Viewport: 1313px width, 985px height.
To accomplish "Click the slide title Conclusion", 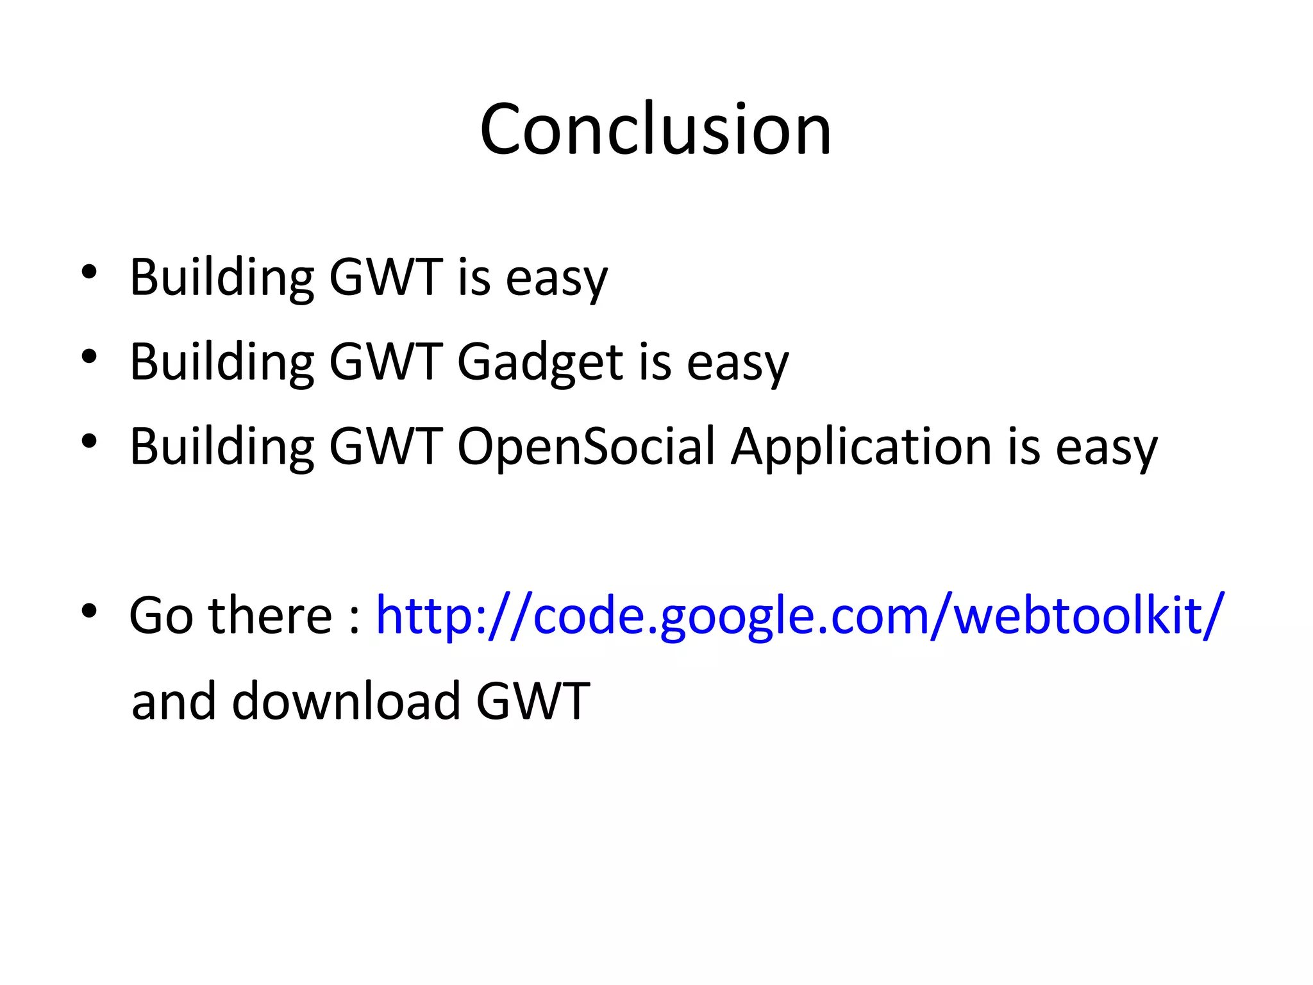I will [655, 130].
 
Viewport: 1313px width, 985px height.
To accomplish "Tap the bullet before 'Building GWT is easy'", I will [89, 272].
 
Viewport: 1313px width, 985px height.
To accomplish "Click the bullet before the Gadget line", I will [89, 357].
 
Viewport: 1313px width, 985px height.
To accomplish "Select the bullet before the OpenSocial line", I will [89, 441].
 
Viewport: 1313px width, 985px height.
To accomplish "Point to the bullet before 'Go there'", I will [89, 610].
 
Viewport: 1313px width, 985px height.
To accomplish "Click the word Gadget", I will [540, 362].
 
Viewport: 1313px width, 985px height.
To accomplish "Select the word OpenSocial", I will [585, 447].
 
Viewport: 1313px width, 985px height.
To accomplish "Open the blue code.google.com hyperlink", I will [799, 616].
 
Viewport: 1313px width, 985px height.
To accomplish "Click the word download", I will [346, 701].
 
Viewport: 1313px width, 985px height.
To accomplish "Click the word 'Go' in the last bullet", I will [161, 616].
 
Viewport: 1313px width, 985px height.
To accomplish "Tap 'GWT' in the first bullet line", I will [386, 278].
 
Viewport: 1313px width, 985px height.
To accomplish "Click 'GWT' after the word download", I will [533, 701].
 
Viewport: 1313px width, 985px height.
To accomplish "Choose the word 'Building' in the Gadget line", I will [222, 362].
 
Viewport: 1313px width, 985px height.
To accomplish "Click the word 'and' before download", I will [173, 701].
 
